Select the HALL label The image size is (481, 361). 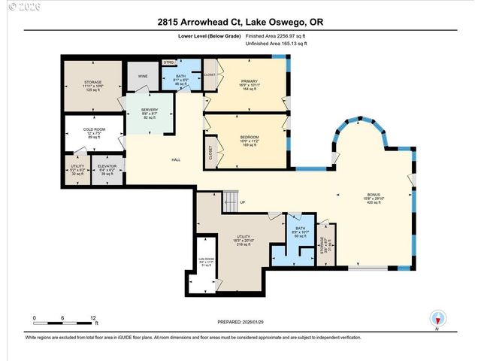pyautogui.click(x=176, y=159)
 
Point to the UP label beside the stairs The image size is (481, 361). pyautogui.click(x=243, y=202)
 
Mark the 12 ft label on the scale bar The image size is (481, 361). pyautogui.click(x=94, y=319)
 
